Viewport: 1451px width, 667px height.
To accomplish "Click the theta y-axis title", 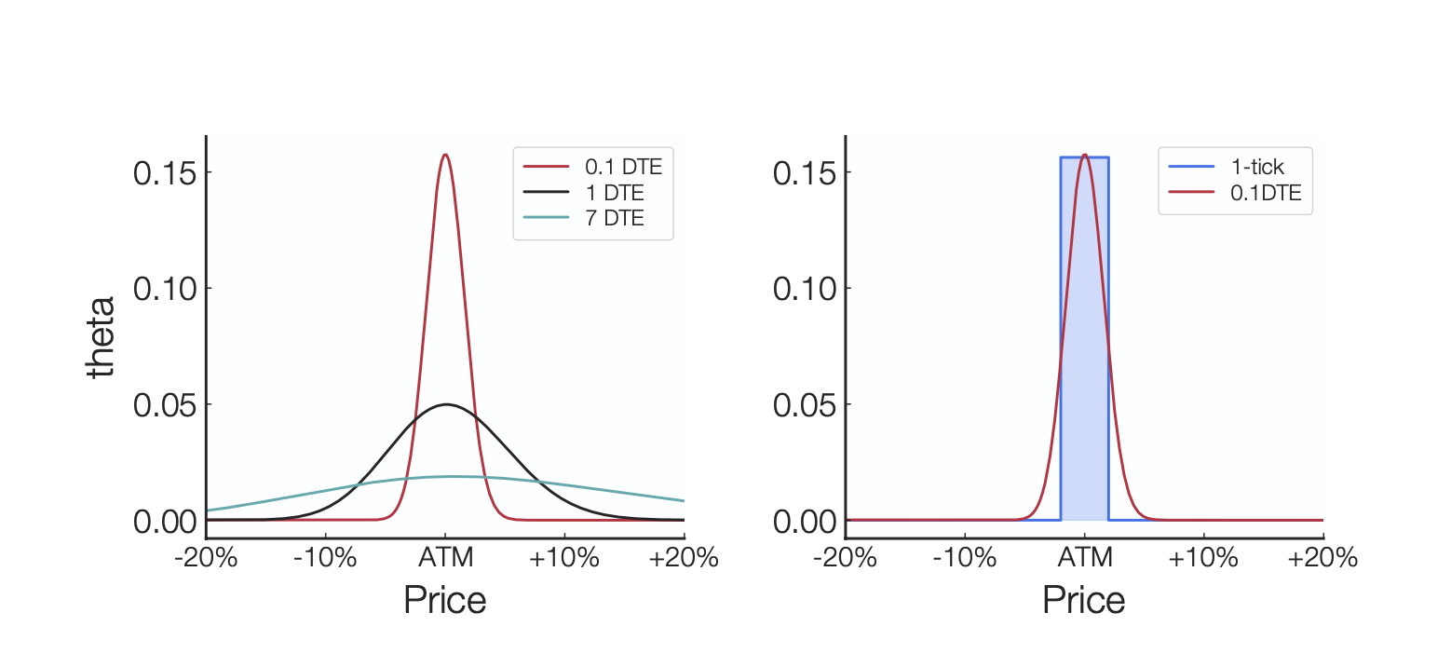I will click(101, 337).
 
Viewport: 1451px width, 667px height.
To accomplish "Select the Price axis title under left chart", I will click(444, 600).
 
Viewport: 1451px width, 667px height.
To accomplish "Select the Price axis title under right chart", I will click(1083, 600).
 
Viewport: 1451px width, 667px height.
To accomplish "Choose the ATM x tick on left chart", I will click(445, 559).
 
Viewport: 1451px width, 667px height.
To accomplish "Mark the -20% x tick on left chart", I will click(206, 559).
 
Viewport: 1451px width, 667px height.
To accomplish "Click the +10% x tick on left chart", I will click(564, 559).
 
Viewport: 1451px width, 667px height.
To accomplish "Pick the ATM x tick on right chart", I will click(1084, 559).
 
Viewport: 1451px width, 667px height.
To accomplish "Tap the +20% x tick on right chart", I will click(1322, 559).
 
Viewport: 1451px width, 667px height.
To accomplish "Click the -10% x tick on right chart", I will click(964, 559).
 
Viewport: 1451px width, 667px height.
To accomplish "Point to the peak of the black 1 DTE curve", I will click(446, 404).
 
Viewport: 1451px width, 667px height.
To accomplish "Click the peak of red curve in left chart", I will click(445, 155).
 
